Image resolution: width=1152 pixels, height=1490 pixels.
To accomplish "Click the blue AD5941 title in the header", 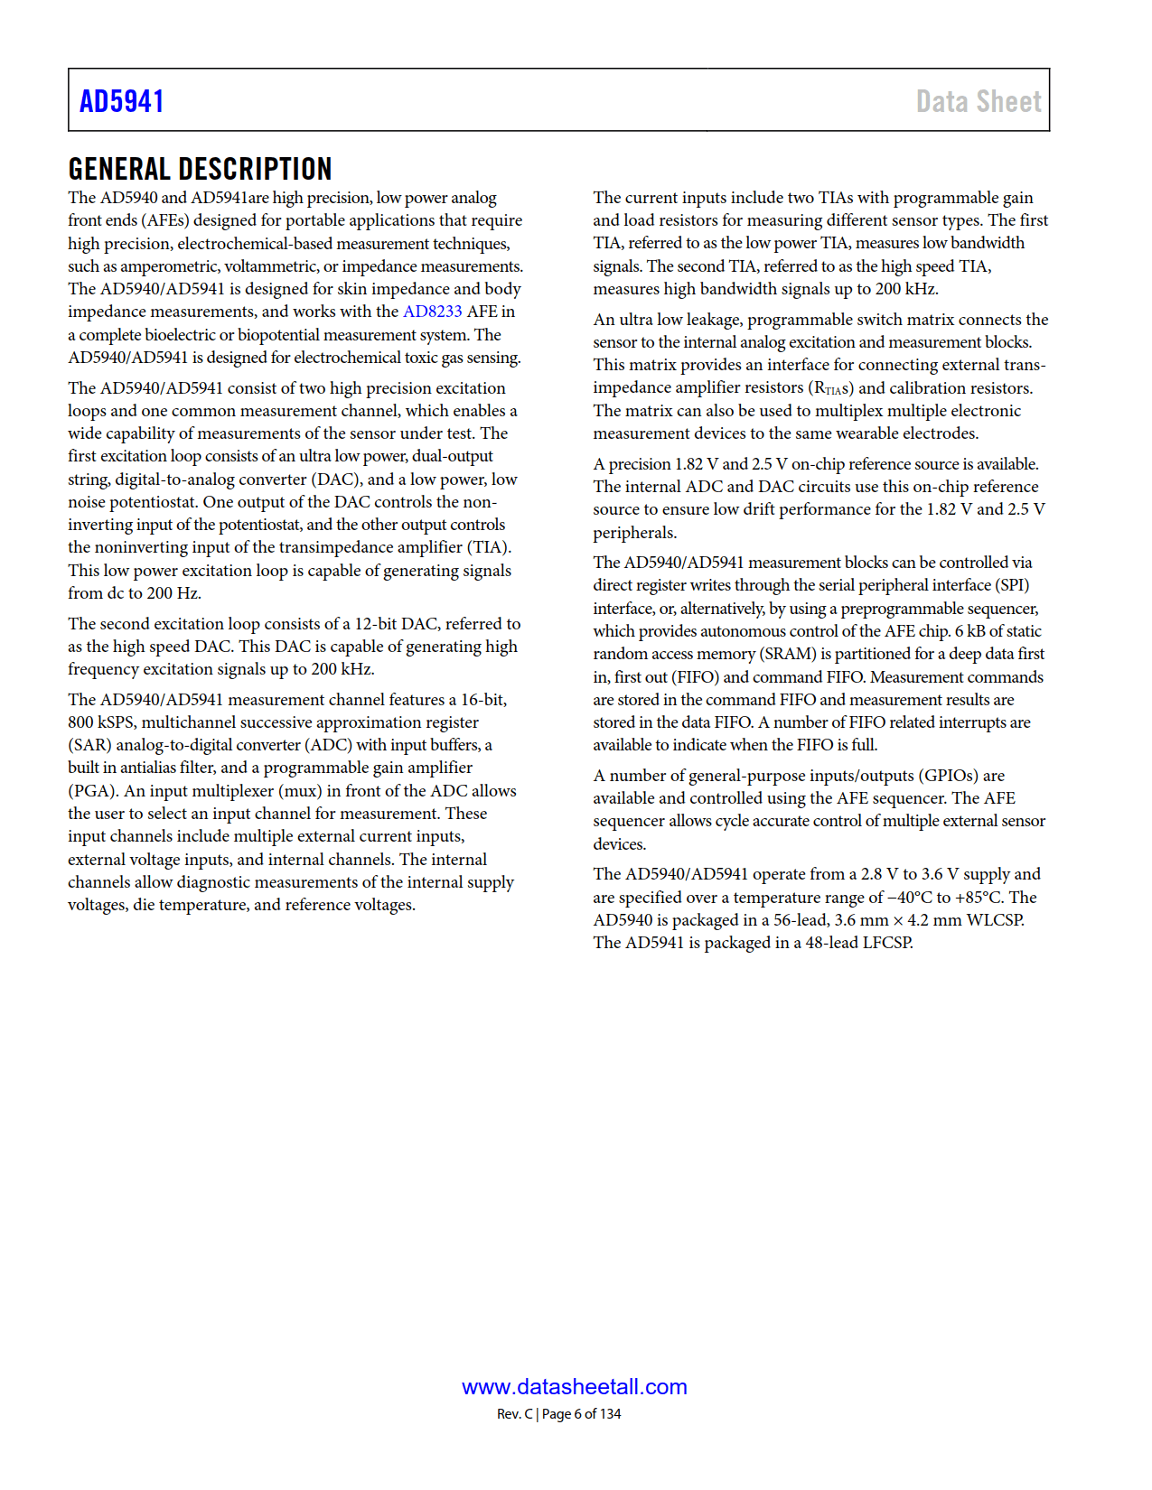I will [122, 101].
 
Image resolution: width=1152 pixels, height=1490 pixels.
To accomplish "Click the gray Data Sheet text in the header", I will [979, 101].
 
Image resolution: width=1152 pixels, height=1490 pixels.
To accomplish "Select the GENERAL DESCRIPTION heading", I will [200, 169].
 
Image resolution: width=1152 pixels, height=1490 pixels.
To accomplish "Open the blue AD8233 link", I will [432, 312].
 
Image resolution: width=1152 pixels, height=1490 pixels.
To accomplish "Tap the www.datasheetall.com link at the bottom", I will [575, 1387].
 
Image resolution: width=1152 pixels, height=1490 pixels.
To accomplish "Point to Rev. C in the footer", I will [514, 1414].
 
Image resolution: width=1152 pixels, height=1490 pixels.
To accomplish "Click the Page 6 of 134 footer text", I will [582, 1414].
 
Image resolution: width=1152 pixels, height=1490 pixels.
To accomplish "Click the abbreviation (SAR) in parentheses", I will [89, 745].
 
